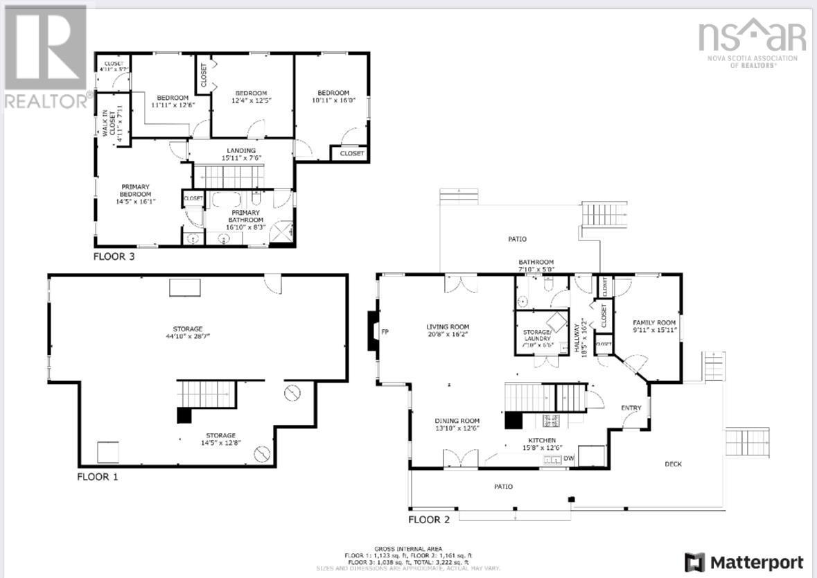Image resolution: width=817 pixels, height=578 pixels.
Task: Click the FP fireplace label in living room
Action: point(385,332)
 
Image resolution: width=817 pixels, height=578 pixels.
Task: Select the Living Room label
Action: point(448,326)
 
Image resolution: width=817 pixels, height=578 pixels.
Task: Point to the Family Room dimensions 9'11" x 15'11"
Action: point(653,331)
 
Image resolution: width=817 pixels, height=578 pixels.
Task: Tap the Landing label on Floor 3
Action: point(241,150)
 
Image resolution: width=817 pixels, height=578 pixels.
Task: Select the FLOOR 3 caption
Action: point(114,256)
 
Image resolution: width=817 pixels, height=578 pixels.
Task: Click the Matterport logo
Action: point(744,562)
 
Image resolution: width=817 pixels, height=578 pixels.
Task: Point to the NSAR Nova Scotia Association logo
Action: point(752,41)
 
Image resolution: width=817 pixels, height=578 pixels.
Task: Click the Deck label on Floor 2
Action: point(673,464)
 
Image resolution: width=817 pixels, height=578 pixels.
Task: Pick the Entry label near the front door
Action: point(631,408)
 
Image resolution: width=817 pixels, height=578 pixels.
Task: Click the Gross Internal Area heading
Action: point(408,548)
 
